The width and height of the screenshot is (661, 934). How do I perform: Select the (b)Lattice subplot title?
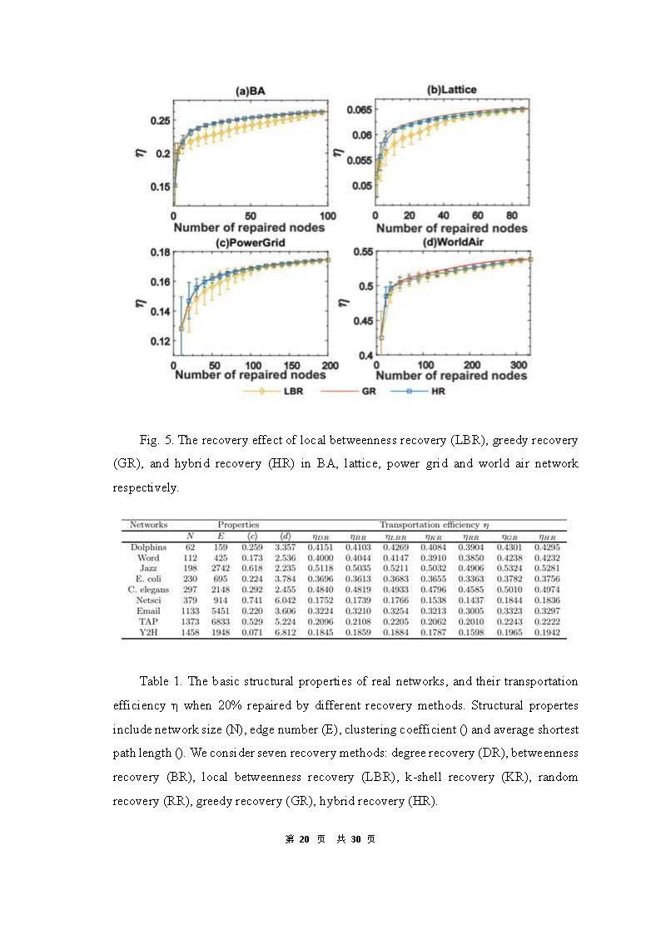[x=451, y=89]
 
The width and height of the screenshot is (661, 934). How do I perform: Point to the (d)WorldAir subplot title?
[x=453, y=242]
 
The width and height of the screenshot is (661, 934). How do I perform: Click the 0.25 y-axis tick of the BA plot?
[x=159, y=121]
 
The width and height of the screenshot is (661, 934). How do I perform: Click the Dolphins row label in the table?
[x=149, y=547]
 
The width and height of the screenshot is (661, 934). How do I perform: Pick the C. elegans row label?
[x=149, y=590]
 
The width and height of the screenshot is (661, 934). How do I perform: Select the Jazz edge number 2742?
[x=221, y=569]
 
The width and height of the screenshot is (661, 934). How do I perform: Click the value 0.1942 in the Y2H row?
[x=547, y=633]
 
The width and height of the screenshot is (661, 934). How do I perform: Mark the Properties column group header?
[x=238, y=525]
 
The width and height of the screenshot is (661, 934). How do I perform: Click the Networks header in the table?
[x=149, y=525]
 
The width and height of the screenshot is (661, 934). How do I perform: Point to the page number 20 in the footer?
[x=304, y=839]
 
